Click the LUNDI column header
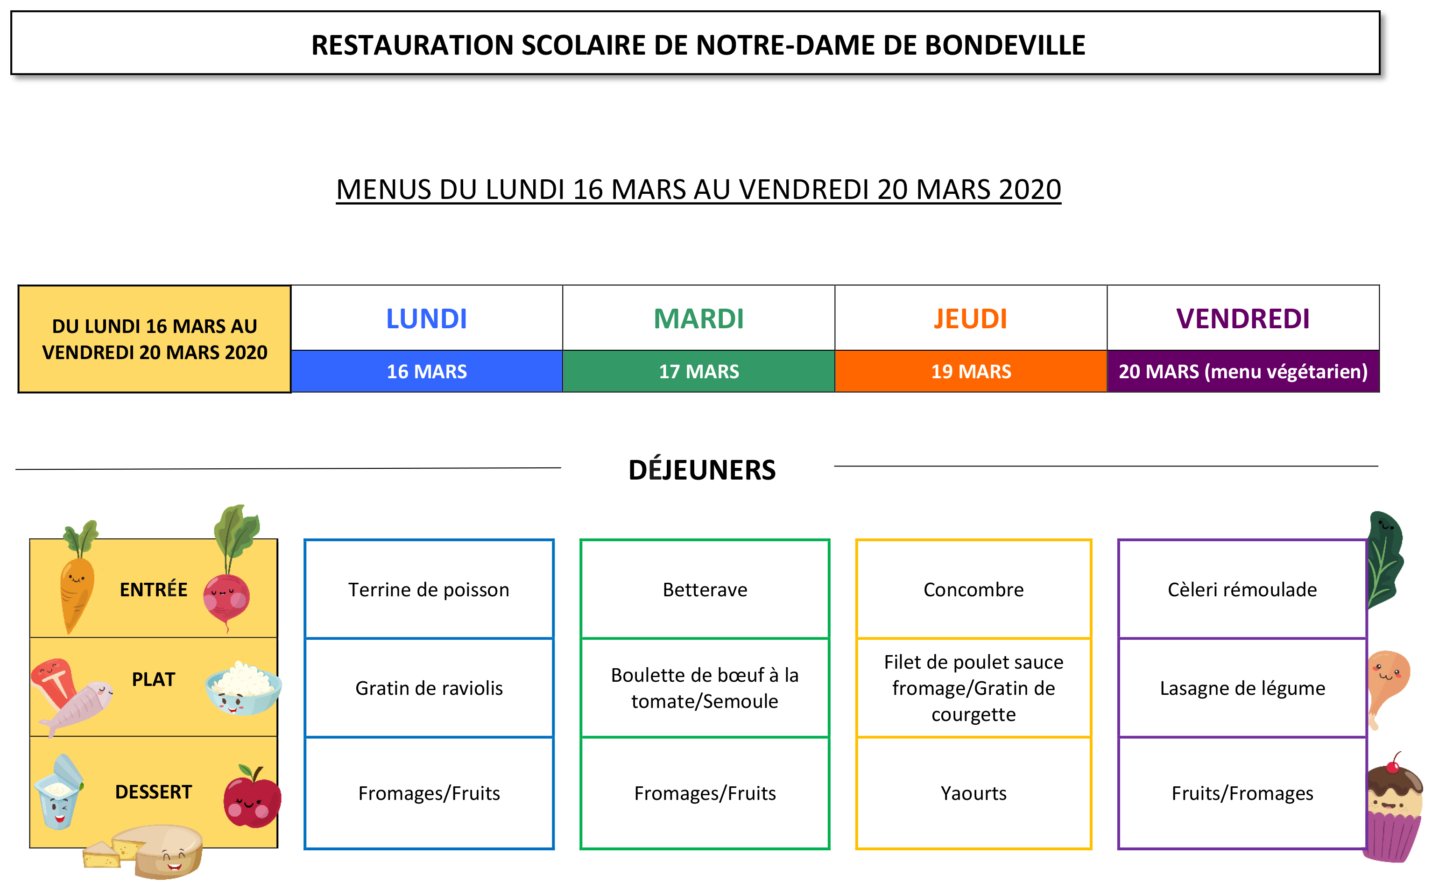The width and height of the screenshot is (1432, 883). pos(427,318)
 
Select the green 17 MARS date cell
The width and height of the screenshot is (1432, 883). pos(699,371)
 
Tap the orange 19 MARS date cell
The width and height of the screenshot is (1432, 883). pos(971,371)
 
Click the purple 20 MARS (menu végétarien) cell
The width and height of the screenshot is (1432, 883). pos(1243,371)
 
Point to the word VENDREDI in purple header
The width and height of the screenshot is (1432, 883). pos(1243,319)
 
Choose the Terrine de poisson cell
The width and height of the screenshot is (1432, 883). pos(429,589)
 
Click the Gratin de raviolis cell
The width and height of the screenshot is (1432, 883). pos(429,688)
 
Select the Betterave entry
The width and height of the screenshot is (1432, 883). pos(705,589)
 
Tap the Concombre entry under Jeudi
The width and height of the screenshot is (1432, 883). pos(974,589)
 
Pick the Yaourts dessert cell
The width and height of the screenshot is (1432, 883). pos(974,793)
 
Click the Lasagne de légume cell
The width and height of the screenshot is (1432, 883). pos(1242,688)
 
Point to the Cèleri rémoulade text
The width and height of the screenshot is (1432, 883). pos(1242,589)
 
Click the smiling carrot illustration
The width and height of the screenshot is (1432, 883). pos(78,578)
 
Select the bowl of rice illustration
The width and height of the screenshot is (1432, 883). pos(243,689)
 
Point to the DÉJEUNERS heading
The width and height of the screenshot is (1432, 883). pos(702,470)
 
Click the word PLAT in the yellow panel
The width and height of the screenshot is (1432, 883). pos(154,679)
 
